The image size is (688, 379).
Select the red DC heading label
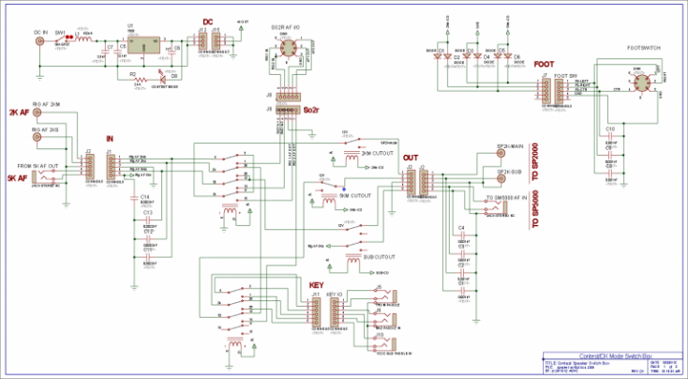tap(208, 22)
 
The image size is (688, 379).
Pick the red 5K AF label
tap(16, 176)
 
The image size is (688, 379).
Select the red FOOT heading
tap(543, 65)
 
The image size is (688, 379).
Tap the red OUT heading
tap(410, 158)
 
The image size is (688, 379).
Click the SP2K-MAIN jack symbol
tap(502, 155)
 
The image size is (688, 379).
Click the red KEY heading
tap(316, 283)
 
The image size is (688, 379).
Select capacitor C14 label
tap(144, 197)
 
